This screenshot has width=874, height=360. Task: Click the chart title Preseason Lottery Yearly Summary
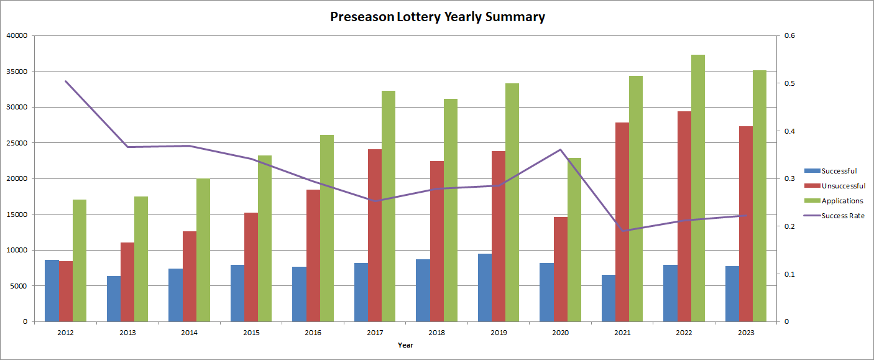(x=437, y=17)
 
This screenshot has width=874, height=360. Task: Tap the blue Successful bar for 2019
(x=485, y=287)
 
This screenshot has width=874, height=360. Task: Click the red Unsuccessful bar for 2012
(x=66, y=291)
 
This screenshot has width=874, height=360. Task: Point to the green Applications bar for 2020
(x=574, y=239)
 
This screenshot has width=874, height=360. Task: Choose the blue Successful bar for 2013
(x=114, y=298)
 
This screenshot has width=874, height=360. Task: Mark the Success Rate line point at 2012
(x=66, y=81)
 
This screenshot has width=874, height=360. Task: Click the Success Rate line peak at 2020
(x=561, y=149)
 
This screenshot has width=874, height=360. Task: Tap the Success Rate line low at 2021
(x=623, y=231)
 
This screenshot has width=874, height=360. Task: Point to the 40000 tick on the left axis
(x=17, y=35)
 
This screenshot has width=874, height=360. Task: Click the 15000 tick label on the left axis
(x=17, y=215)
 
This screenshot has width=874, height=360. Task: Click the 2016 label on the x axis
(x=313, y=333)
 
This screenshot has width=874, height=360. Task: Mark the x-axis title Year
(x=405, y=345)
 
